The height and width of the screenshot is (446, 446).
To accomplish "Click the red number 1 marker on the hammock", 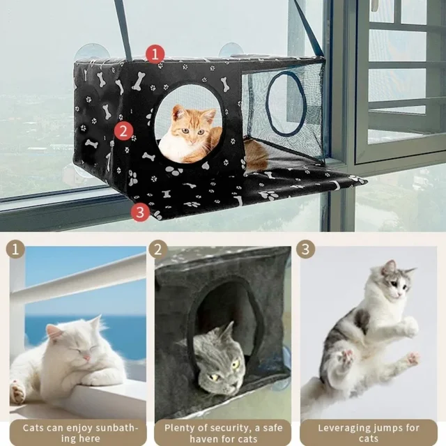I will click(x=155, y=54).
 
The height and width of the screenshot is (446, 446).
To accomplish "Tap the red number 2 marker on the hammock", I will click(x=123, y=130).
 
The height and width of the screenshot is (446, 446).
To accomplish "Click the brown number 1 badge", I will click(x=15, y=249).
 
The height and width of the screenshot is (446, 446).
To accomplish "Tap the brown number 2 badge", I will click(x=159, y=249).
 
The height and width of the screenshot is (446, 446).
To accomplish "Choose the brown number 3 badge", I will click(x=305, y=249).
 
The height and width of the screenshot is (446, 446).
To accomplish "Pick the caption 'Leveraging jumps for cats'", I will click(x=369, y=433).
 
